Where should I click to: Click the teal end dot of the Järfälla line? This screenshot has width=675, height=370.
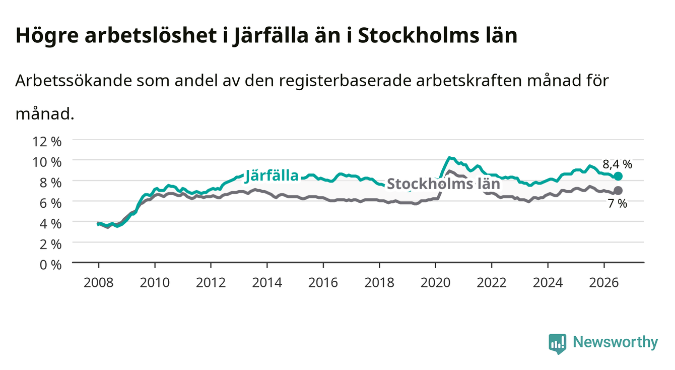pos(618,176)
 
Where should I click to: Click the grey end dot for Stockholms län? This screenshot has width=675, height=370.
pos(618,191)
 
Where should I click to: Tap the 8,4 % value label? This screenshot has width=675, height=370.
pos(617,164)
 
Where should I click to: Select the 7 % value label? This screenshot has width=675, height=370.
pos(618,204)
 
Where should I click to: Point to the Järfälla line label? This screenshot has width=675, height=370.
pos(272,175)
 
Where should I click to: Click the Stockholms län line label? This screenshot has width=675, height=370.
pos(443,183)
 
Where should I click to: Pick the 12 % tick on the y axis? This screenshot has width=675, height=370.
pos(47,142)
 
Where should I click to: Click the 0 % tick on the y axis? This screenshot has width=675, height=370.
pos(50,265)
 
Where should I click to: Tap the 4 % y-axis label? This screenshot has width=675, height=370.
pos(50,224)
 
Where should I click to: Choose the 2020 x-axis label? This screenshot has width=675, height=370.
pos(435,283)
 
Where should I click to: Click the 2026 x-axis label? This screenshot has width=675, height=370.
pos(604,283)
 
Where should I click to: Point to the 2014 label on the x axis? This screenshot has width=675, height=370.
pos(267,283)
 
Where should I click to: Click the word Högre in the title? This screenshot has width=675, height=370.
pos(47,36)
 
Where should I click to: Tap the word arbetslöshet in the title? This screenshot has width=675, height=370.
pos(151,35)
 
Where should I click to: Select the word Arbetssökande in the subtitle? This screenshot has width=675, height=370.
pos(74,81)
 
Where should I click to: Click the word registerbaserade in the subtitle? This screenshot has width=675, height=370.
pos(345,81)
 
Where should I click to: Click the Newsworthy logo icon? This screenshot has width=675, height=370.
pos(558,344)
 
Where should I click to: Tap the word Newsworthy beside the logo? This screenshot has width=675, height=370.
pos(616,343)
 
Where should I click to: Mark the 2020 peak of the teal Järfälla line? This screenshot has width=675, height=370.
pos(449,157)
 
